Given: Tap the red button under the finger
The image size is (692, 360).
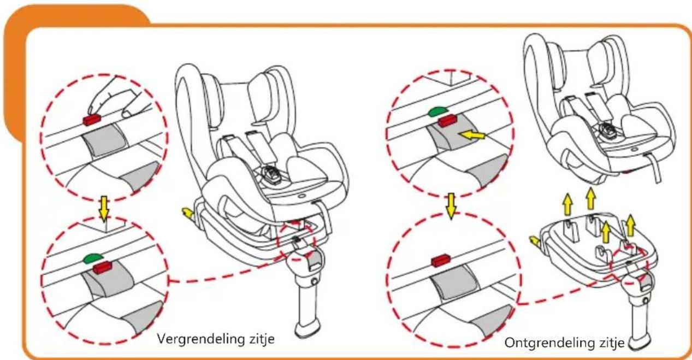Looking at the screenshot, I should pos(91,120).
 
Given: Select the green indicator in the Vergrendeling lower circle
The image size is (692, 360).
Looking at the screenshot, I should pos(93,258).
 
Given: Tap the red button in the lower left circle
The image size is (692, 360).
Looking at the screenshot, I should pos(101,267).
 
